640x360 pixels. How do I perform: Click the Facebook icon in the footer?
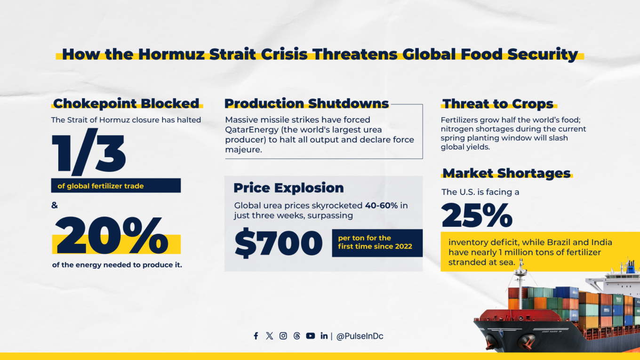256,336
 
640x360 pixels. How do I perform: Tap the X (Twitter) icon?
269,336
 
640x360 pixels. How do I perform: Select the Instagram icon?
283,336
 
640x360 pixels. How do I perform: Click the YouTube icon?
310,336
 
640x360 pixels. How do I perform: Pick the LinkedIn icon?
324,336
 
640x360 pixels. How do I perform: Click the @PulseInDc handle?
360,336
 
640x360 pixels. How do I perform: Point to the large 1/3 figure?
89,153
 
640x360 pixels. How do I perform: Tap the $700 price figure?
278,244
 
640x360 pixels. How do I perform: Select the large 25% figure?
477,216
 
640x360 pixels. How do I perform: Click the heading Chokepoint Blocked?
126,104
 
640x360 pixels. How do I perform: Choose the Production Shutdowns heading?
306,104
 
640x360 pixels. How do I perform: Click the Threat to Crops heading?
498,104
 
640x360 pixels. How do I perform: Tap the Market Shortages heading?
506,173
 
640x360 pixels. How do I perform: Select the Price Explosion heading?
288,188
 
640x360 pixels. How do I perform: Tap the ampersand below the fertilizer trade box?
55,206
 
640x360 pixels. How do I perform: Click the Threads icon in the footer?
296,336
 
